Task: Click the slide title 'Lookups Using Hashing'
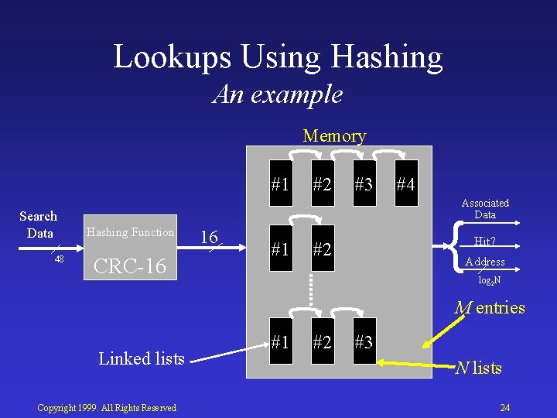(278, 57)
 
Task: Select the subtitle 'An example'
(278, 94)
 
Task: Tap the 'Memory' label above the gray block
(334, 136)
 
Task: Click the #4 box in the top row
(405, 185)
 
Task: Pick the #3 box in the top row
(364, 185)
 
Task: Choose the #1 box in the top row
(281, 185)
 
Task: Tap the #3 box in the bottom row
(364, 340)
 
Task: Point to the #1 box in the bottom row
(281, 340)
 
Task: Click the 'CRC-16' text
(129, 266)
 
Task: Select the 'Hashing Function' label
(130, 231)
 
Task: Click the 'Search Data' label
(38, 224)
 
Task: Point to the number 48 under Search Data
(59, 259)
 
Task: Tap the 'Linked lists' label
(142, 358)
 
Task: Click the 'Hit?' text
(484, 242)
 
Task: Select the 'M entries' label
(489, 308)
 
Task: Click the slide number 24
(504, 407)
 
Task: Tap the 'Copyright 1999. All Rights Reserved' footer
(108, 407)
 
